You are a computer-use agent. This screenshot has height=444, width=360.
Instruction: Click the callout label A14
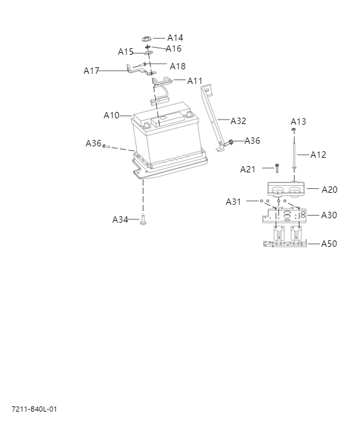point(175,38)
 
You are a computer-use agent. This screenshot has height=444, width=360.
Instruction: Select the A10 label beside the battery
point(111,115)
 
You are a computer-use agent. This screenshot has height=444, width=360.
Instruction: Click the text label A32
point(238,121)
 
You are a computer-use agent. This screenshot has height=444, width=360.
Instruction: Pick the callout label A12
point(318,155)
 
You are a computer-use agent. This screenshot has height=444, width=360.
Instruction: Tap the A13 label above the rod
point(298,121)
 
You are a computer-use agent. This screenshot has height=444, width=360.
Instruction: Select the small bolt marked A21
point(277,169)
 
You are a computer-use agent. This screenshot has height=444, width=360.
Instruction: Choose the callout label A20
point(329,190)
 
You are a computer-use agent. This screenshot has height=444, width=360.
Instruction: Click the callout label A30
point(329,215)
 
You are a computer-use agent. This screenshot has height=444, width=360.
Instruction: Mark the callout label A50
point(329,244)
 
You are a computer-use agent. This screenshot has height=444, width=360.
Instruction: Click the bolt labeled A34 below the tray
point(143,220)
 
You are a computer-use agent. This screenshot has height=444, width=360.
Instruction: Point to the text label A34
point(120,219)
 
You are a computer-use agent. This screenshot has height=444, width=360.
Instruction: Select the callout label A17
point(91,71)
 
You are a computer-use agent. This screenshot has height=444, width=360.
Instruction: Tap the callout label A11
point(195,81)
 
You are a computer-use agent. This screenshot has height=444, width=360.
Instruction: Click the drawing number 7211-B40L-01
point(34,409)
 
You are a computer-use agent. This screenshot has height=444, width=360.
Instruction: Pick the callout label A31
point(233,202)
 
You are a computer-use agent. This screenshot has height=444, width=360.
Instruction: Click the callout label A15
point(125,52)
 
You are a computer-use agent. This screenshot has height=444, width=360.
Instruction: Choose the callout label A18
point(177,66)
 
